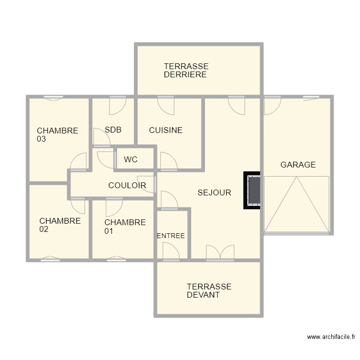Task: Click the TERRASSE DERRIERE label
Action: [186, 71]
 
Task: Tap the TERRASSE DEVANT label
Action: [209, 291]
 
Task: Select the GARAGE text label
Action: [298, 165]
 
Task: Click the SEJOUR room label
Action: [214, 193]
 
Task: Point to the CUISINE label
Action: [166, 130]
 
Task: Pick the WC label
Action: [131, 159]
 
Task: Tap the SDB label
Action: [113, 130]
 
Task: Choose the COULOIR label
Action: [127, 185]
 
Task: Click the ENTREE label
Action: [171, 236]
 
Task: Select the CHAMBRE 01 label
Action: [124, 227]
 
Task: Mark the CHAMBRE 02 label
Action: [60, 225]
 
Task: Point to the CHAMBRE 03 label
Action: [57, 135]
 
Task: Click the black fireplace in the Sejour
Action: [252, 191]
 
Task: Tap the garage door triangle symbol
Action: [297, 204]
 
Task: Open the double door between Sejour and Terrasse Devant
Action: [220, 253]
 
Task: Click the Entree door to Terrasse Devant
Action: [170, 252]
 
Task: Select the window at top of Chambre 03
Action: [53, 98]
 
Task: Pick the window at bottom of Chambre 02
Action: [50, 259]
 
